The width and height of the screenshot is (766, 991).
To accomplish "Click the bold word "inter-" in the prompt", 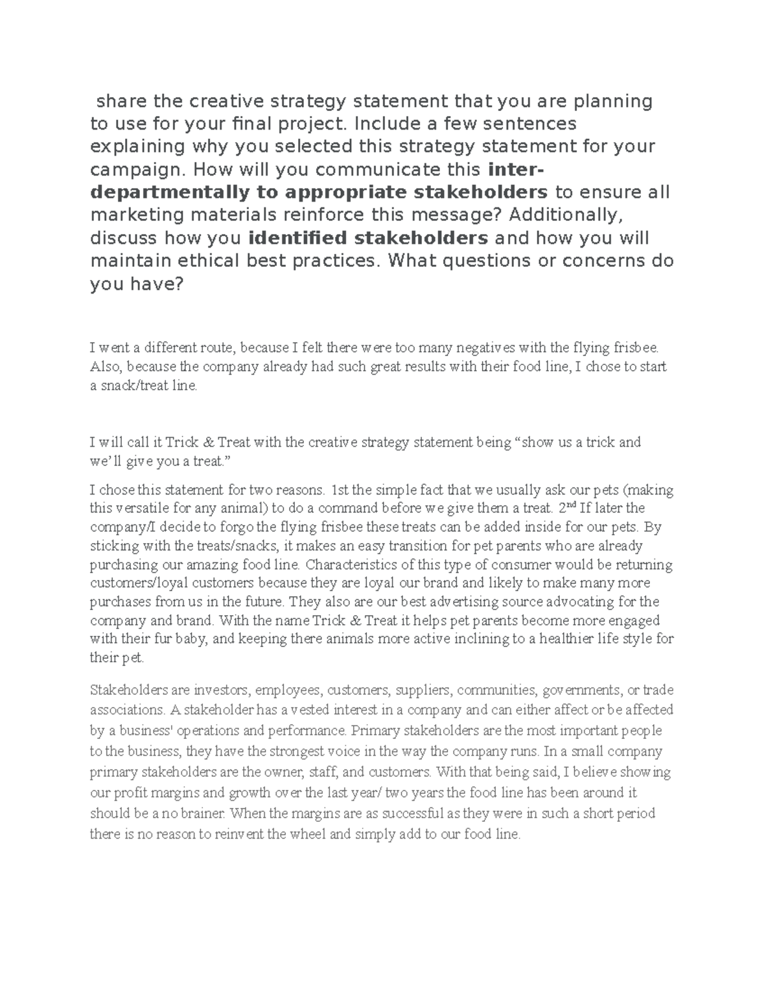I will [x=516, y=169].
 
